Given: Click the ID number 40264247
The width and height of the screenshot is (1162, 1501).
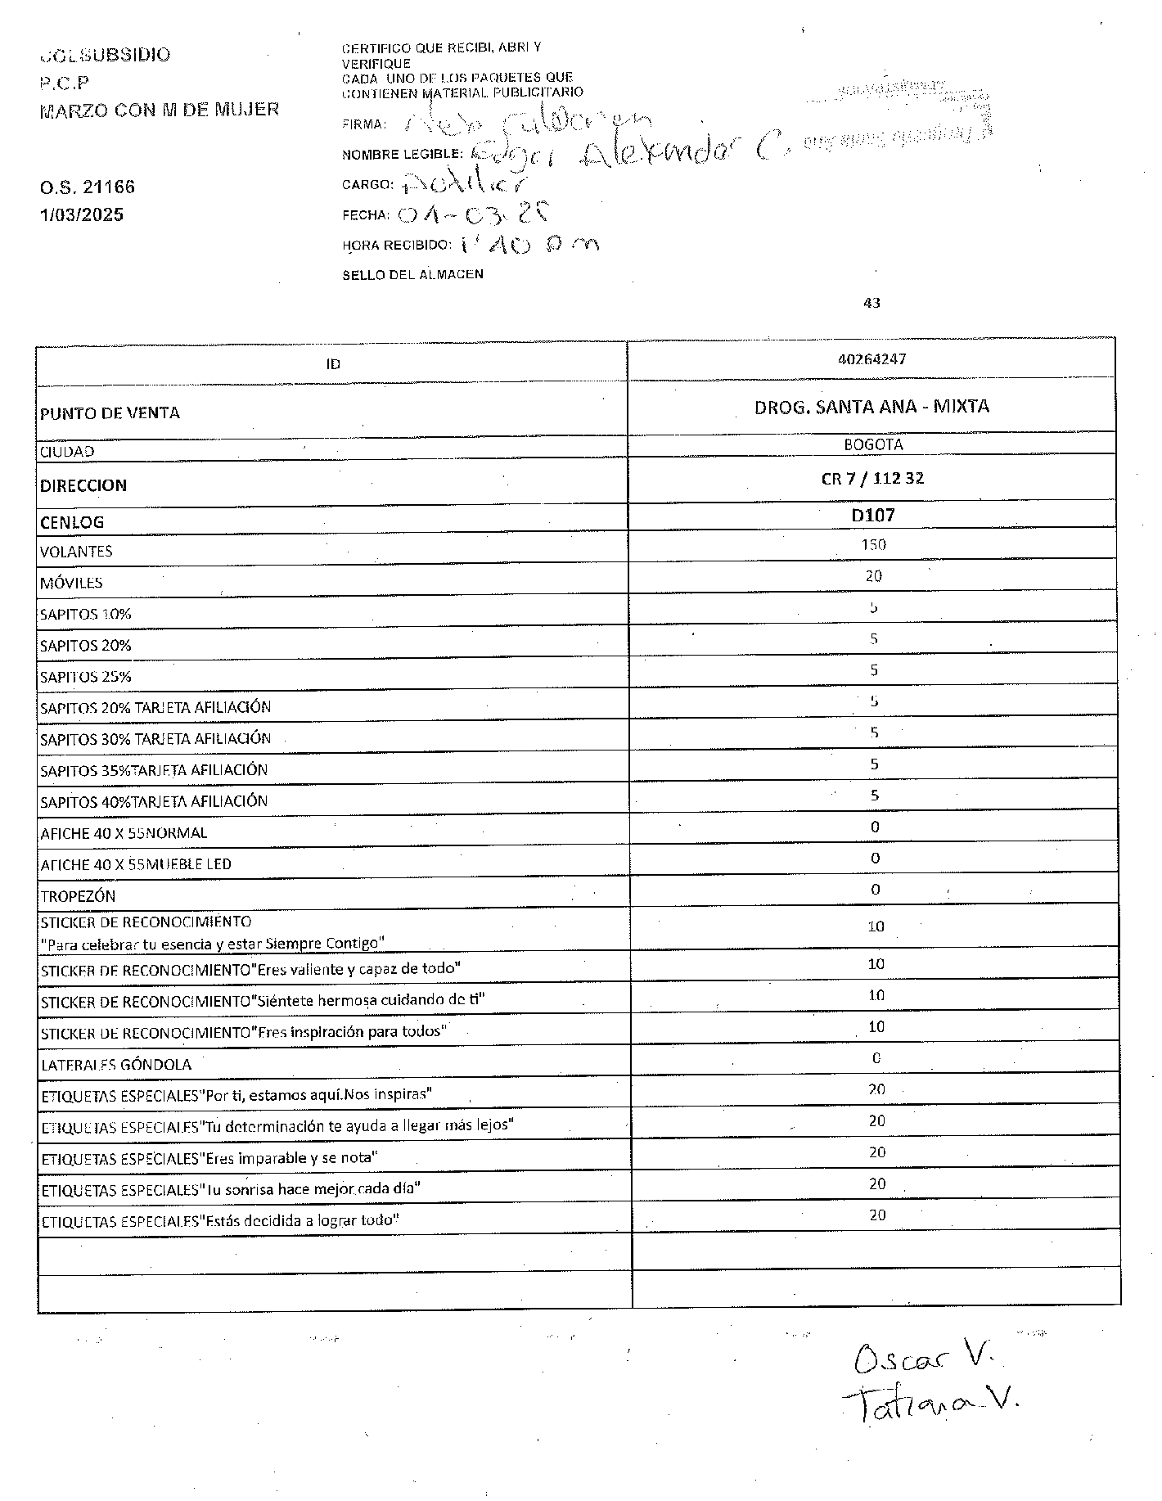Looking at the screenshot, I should [x=871, y=359].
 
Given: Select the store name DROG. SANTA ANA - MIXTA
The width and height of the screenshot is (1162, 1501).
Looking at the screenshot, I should [x=871, y=406].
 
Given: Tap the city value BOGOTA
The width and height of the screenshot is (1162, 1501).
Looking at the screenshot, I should [x=873, y=445].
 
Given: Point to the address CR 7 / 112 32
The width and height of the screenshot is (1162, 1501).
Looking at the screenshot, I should [x=872, y=479].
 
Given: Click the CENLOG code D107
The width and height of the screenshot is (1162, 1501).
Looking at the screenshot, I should [x=873, y=516].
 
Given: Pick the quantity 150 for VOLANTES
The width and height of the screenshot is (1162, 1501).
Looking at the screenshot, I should [x=873, y=545].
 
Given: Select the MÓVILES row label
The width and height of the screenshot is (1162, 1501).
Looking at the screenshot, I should [x=71, y=583].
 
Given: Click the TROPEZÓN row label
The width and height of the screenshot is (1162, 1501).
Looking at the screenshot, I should [x=78, y=896].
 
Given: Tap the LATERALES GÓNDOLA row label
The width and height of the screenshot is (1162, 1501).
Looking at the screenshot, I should [x=116, y=1065].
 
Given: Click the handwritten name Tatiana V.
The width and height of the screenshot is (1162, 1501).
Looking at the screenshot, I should [x=930, y=1404].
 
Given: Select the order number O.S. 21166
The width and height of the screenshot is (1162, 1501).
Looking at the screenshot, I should [x=88, y=187].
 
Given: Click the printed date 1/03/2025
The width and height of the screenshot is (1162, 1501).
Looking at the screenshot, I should [x=82, y=215].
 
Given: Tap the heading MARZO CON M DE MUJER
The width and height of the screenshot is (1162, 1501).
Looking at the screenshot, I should [x=160, y=110].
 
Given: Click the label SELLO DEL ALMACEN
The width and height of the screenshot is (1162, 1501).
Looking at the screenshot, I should [x=412, y=275].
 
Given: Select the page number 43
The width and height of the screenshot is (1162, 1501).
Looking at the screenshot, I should [x=871, y=303].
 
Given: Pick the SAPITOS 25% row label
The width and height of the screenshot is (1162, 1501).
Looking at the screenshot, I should [x=85, y=677].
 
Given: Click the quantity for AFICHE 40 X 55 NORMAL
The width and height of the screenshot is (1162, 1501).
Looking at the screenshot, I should [x=875, y=827].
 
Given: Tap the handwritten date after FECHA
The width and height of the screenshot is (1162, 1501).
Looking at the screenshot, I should [x=471, y=214].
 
